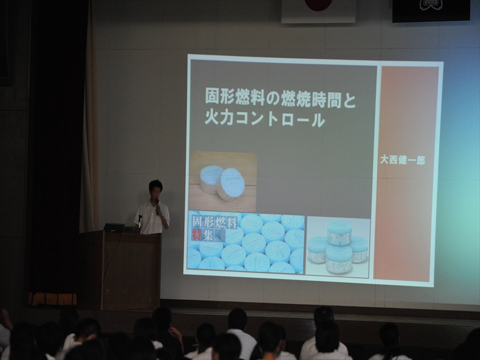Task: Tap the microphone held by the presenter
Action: click(157, 206)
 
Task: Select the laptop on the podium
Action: click(114, 227)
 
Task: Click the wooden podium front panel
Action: click(131, 271)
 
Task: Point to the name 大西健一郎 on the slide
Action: click(402, 160)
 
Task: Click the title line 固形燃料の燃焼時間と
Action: click(280, 98)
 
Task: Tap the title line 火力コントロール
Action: click(265, 119)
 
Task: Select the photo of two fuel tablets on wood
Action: click(223, 181)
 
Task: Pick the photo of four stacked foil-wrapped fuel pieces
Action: click(338, 247)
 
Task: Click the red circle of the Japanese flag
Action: click(319, 4)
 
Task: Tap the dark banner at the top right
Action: click(431, 10)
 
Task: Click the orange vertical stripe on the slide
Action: click(407, 173)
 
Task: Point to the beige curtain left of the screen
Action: click(89, 122)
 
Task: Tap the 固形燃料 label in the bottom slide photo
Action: click(215, 223)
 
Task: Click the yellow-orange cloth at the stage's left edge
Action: click(53, 299)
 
